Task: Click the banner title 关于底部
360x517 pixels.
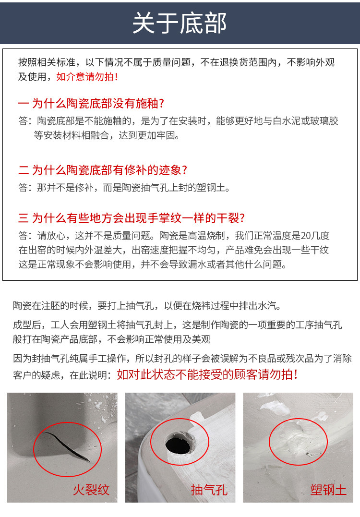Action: (180, 23)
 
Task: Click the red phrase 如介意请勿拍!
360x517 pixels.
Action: (87, 76)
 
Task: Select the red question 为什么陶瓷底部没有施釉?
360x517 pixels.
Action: (98, 103)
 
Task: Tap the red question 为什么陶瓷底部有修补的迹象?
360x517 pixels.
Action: (109, 170)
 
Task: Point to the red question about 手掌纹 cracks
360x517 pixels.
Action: (138, 217)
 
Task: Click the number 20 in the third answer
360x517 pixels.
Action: (306, 235)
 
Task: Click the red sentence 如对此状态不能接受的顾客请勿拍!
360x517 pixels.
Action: (207, 374)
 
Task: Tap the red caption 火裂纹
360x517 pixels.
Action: (91, 490)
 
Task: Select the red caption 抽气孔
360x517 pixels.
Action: (209, 490)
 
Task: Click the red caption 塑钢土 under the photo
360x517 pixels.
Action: (328, 490)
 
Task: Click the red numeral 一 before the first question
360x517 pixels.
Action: (24, 103)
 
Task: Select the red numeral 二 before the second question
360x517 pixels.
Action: (24, 170)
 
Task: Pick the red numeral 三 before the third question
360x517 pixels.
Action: (24, 217)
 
